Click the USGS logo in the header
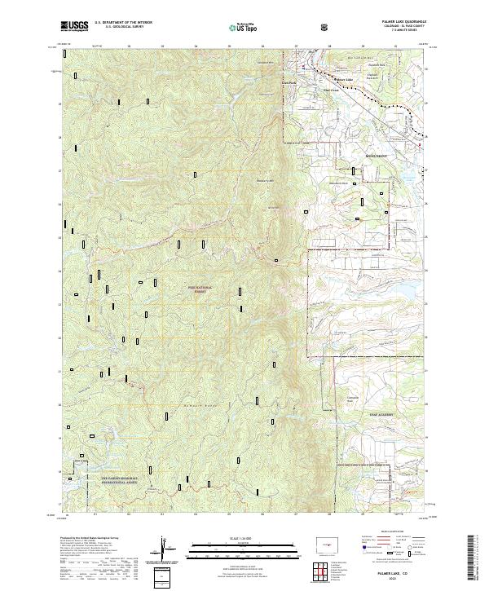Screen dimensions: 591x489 [x=74, y=25]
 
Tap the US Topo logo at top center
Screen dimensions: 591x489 [x=244, y=26]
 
